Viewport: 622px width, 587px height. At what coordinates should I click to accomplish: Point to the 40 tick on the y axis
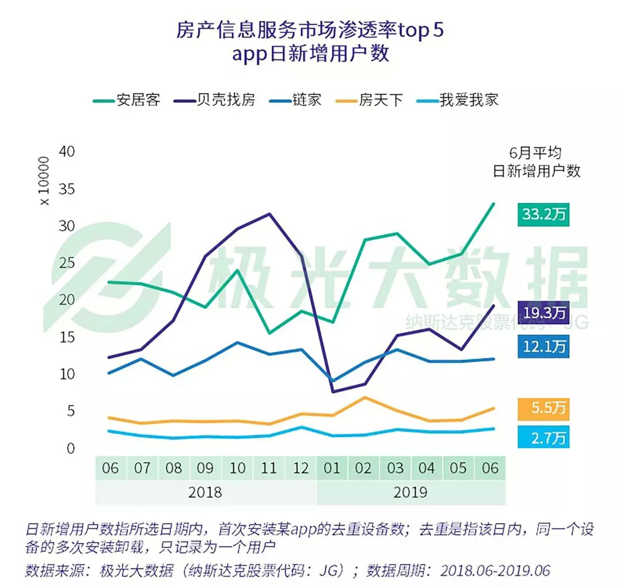click(67, 152)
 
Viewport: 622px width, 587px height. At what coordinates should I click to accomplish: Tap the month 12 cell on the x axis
click(300, 467)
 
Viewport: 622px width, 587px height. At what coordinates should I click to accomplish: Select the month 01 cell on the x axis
click(332, 467)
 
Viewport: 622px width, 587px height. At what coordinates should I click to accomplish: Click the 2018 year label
click(206, 493)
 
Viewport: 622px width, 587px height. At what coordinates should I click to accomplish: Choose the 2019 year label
click(411, 493)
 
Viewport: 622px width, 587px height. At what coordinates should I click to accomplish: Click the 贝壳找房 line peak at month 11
click(269, 214)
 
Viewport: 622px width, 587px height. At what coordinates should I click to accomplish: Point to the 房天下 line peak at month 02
click(363, 397)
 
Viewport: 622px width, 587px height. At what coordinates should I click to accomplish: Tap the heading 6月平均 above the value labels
click(536, 153)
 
